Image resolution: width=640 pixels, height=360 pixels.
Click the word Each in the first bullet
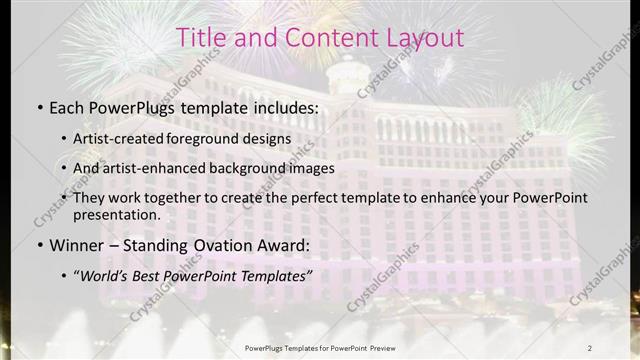[x=68, y=105]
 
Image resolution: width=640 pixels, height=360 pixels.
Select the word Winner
[x=78, y=244]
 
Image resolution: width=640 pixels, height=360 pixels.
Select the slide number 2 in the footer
[x=590, y=347]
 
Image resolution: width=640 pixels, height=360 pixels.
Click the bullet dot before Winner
[x=39, y=245]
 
